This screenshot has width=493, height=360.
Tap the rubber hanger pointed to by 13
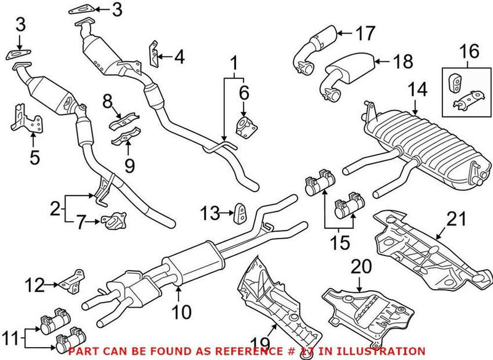(x=238, y=213)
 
